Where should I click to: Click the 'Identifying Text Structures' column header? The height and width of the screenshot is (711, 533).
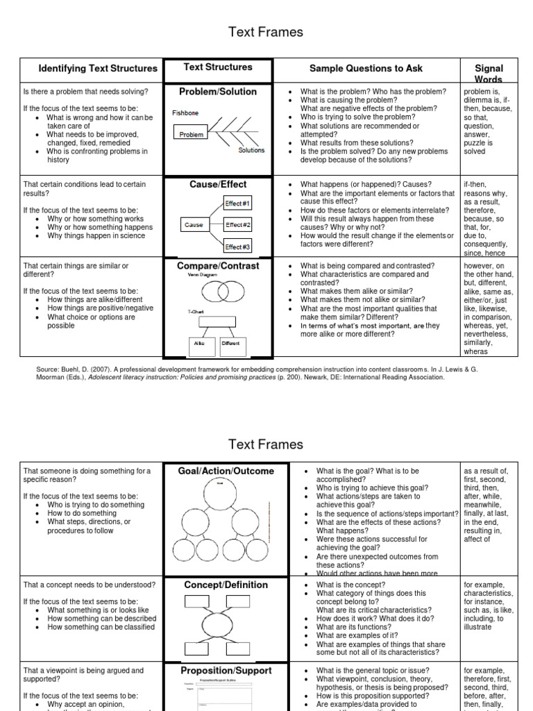pos(98,69)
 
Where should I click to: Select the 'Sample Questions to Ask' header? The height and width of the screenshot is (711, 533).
pos(365,69)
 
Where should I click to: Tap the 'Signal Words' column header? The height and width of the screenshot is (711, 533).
pos(489,74)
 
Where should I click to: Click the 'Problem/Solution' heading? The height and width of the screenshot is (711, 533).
pos(218,92)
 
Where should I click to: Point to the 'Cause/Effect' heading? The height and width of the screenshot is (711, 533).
pos(218,185)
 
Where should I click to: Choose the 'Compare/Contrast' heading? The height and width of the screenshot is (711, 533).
pos(218,266)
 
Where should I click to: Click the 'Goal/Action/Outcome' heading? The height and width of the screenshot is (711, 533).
pos(226,471)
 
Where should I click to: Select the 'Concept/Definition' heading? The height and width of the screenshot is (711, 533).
pos(226,585)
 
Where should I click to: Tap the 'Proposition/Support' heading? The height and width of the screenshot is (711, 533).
pos(226,671)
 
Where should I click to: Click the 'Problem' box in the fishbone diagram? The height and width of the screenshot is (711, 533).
pos(191,135)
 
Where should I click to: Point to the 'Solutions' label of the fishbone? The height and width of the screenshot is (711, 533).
pos(251,150)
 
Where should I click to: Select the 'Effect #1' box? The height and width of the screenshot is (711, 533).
pos(238,203)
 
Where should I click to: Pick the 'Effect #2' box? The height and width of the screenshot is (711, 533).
pos(238,225)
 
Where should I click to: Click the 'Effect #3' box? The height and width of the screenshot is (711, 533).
pos(238,246)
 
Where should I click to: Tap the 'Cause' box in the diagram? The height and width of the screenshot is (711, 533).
pos(194,225)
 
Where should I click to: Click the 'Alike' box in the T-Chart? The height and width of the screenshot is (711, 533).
pos(199,343)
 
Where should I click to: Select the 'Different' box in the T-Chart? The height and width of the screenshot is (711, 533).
pos(230,343)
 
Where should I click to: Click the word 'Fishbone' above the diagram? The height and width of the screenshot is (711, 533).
pos(186,112)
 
